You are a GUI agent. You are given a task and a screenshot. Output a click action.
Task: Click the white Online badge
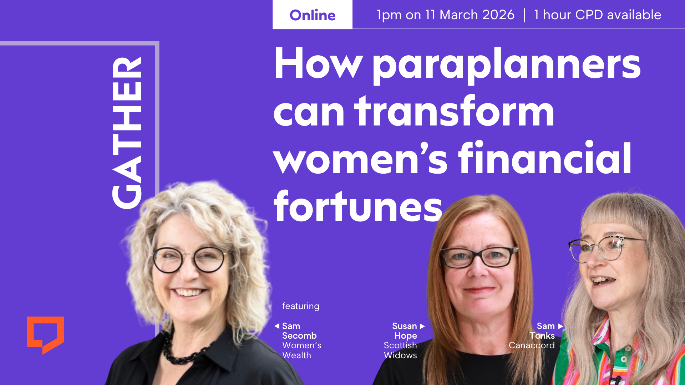click(x=313, y=15)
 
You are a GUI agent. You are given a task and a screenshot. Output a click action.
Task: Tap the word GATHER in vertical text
click(x=127, y=133)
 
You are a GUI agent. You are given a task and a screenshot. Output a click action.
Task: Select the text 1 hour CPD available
click(x=598, y=15)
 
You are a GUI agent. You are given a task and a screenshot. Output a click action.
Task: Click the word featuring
click(x=301, y=306)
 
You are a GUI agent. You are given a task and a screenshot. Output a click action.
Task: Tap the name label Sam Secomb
click(x=299, y=331)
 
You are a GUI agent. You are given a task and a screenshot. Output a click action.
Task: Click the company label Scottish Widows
click(x=400, y=350)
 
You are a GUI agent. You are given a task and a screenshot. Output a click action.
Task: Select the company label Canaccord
click(x=532, y=345)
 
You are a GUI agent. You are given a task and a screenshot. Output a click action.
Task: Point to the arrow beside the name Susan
click(x=422, y=326)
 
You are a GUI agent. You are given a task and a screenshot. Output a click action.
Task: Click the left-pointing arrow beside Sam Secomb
click(x=276, y=326)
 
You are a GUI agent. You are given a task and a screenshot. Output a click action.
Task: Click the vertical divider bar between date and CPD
click(x=524, y=15)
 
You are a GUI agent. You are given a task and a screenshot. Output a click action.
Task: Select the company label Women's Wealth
click(x=302, y=350)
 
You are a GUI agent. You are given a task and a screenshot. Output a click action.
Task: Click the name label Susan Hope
click(x=405, y=331)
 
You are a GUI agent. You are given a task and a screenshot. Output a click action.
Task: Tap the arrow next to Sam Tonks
click(x=560, y=326)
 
